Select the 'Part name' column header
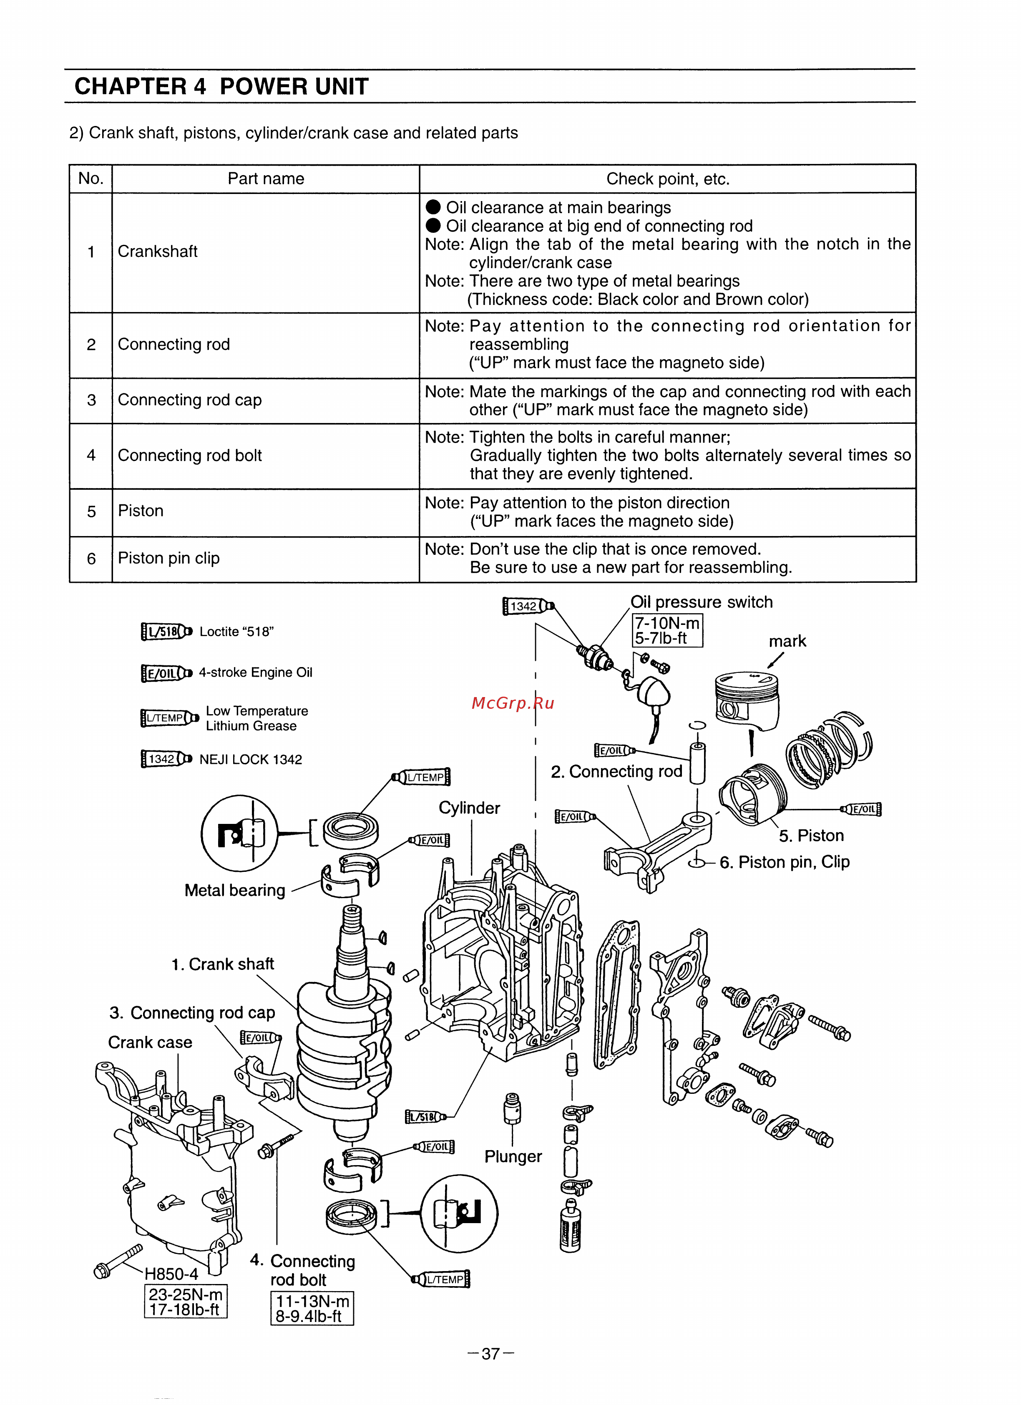tap(265, 179)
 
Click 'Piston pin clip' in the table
tap(168, 558)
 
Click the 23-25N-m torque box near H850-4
tap(185, 1301)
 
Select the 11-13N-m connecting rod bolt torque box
tap(312, 1308)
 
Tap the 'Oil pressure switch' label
tap(702, 602)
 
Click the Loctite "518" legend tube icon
tap(166, 631)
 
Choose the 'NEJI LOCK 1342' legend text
tap(250, 760)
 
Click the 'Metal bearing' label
tap(235, 890)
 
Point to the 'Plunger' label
tap(513, 1157)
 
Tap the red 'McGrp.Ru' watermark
tap(512, 703)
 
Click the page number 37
tap(490, 1354)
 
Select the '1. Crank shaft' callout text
tap(222, 964)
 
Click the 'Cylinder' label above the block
tap(469, 808)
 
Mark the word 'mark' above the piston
tap(787, 641)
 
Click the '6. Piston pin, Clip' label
tap(785, 862)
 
